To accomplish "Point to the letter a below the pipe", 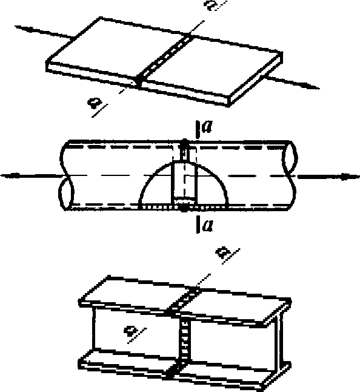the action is [208, 226].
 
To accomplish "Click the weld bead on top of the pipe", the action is [184, 143].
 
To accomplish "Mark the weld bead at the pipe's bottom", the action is [184, 208].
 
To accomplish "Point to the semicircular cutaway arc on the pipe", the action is [184, 163].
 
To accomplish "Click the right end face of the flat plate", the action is [256, 79].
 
